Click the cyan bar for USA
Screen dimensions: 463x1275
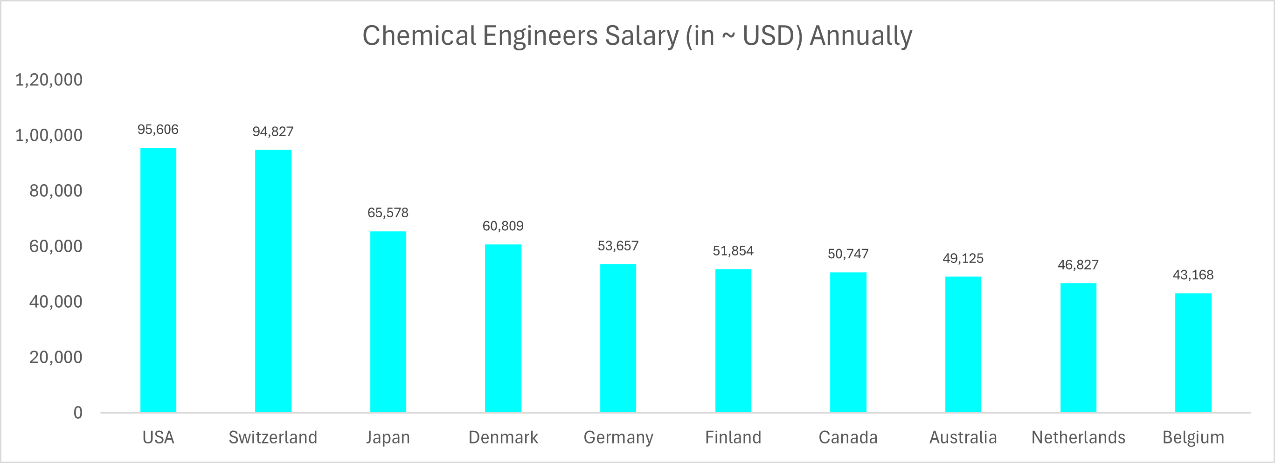(x=159, y=280)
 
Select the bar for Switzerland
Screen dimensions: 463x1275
(x=273, y=281)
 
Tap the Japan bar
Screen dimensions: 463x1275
(x=388, y=322)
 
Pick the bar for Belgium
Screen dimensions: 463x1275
(x=1193, y=352)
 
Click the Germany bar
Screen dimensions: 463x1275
(x=618, y=338)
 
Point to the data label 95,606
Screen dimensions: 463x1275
(x=158, y=130)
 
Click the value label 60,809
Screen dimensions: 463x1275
(x=503, y=226)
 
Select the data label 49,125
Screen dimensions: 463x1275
(x=963, y=258)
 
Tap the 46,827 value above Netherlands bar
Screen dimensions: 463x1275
(x=1078, y=265)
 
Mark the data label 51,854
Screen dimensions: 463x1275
(x=733, y=251)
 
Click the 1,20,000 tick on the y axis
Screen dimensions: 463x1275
(x=49, y=80)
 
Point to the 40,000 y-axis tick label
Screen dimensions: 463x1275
(x=55, y=302)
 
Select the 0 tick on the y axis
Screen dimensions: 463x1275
(x=78, y=413)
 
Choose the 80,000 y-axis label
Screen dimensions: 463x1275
(x=55, y=190)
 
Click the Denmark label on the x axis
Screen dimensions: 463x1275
(x=503, y=437)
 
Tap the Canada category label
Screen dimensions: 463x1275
(x=848, y=437)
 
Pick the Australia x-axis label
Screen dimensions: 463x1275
(x=963, y=437)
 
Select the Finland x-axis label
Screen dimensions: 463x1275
(x=733, y=437)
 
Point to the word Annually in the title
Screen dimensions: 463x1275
(x=861, y=36)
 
